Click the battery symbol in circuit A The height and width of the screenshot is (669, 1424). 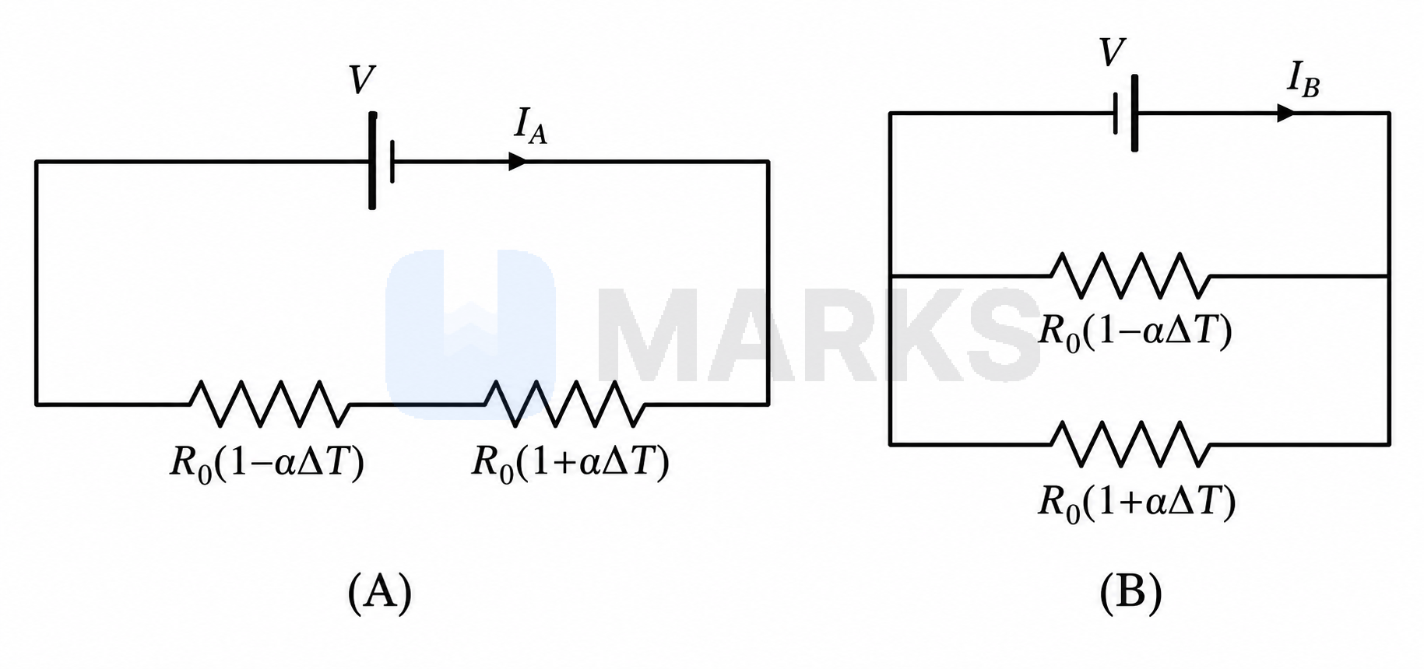point(381,161)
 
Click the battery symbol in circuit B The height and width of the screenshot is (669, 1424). point(1126,114)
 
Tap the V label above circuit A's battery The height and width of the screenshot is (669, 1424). point(361,79)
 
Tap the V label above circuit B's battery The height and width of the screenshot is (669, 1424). point(1112,53)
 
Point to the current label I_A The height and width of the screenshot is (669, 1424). point(531,126)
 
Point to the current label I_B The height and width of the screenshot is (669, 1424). point(1304,79)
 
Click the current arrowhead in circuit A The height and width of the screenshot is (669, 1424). point(518,162)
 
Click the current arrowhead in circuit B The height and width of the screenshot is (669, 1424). point(1285,114)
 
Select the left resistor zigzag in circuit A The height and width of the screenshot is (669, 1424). point(269,404)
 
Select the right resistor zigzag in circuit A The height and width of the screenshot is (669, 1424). point(564,404)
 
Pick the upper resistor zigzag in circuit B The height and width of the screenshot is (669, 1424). point(1130,275)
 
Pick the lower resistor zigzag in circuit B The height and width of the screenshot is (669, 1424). point(1130,444)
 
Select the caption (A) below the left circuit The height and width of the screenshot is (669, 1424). point(380,593)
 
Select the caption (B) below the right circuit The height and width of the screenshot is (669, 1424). point(1130,593)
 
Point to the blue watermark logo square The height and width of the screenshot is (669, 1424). point(471,334)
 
